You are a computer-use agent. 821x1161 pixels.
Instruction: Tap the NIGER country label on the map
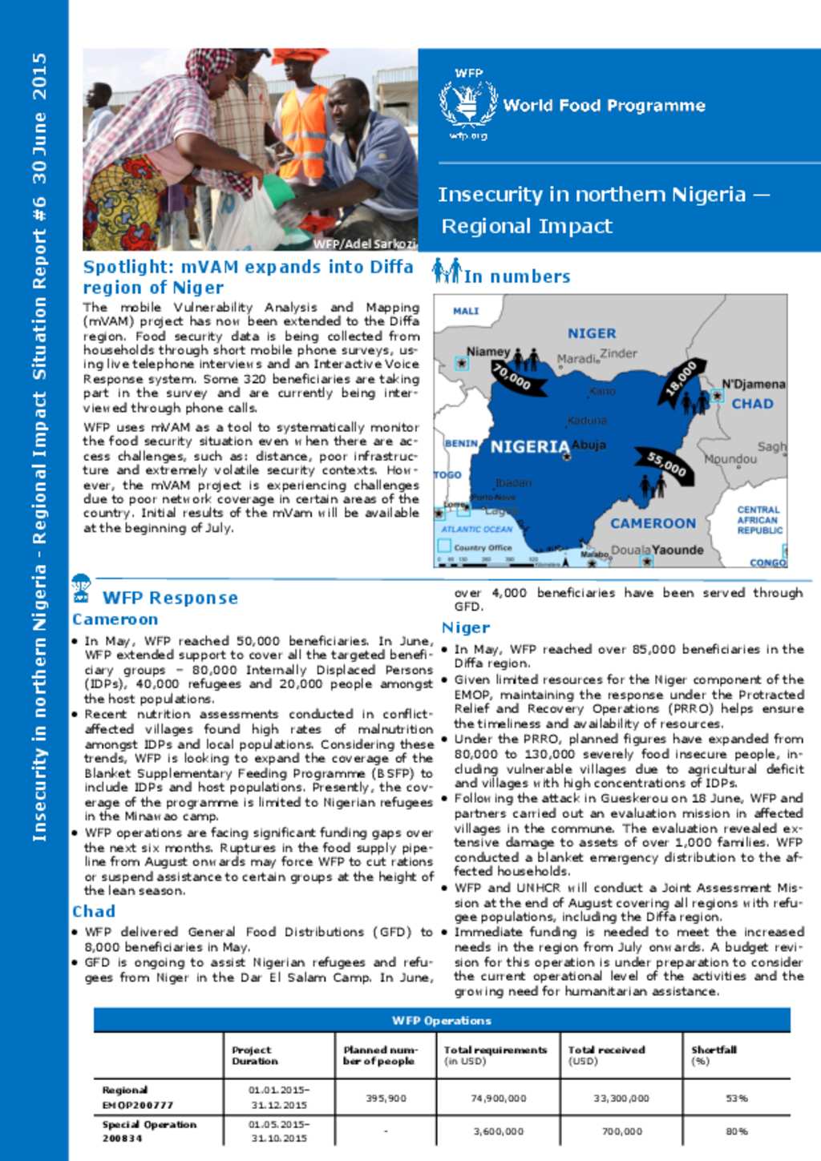point(592,333)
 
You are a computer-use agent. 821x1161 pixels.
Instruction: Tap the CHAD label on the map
point(752,404)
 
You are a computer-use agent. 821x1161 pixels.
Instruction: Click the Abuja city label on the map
point(589,445)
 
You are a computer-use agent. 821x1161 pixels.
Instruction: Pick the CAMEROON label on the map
point(653,523)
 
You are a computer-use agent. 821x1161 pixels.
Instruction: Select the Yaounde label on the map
point(677,550)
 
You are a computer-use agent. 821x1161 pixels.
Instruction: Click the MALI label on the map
point(466,311)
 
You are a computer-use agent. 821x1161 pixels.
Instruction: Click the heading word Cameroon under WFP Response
point(115,619)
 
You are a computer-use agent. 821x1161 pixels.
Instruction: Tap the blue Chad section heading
point(94,911)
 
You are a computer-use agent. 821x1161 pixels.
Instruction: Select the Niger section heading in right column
point(465,627)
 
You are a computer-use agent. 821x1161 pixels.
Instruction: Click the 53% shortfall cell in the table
point(736,1098)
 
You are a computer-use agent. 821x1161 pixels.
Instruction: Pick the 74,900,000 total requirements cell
point(498,1098)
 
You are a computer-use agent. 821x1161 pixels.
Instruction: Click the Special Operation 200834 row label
point(148,1131)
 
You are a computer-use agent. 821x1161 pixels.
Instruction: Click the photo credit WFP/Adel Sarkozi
point(364,244)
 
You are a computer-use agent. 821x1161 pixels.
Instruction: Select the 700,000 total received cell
point(621,1131)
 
